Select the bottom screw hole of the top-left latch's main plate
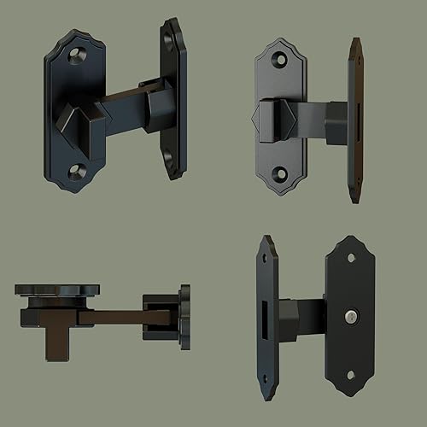pos(77,172)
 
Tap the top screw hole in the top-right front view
pos(281,60)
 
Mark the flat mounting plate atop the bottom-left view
pos(57,290)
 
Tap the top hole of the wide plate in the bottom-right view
pos(350,258)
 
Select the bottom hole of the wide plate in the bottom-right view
pos(351,374)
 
